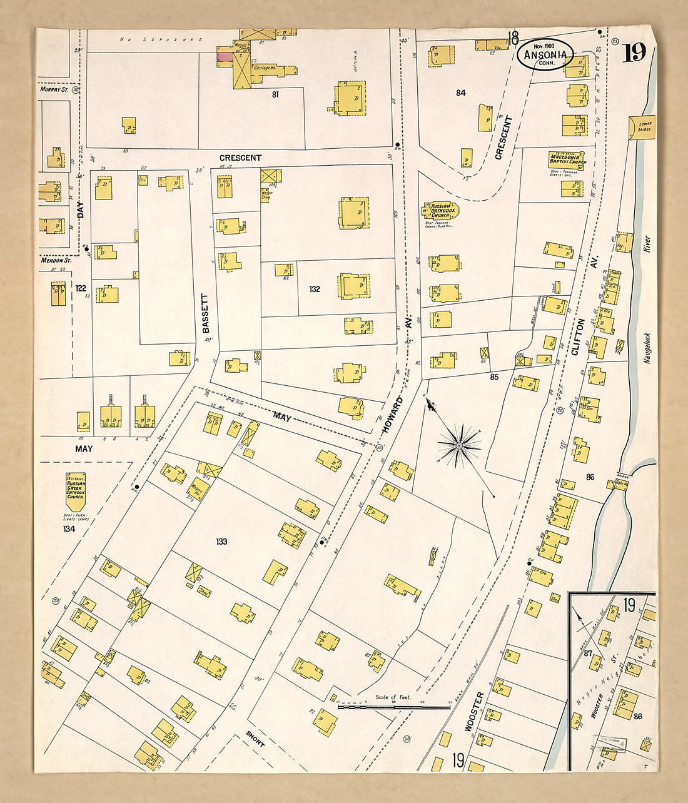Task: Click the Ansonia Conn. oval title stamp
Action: (545, 54)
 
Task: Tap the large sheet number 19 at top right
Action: (634, 54)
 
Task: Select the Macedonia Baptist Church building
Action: (567, 159)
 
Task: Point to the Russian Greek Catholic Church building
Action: (75, 490)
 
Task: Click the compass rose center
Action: (458, 445)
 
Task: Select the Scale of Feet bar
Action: (394, 707)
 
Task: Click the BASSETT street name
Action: (206, 313)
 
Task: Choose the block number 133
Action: (221, 542)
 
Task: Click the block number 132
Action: (314, 289)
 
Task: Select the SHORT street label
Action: (255, 739)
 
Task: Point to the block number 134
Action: (69, 529)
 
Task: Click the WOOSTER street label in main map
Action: (473, 712)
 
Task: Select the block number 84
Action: (461, 93)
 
